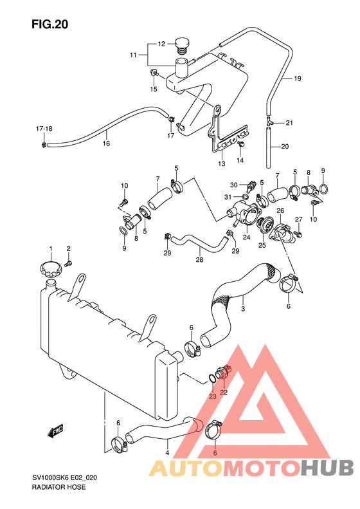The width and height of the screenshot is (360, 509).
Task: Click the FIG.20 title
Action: coord(50,24)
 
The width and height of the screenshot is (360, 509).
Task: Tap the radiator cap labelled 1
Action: coord(51,268)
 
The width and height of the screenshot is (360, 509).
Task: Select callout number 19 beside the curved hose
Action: coord(298,79)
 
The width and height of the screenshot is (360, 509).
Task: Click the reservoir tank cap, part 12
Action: coord(182,45)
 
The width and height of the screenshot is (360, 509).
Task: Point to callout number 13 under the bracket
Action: coord(221,163)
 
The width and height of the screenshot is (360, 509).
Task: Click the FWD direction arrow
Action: coord(55,430)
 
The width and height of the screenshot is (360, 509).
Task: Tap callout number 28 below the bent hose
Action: coord(199,259)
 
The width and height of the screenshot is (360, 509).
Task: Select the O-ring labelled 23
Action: coord(212,378)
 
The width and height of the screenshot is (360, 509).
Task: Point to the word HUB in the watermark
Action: coord(327,468)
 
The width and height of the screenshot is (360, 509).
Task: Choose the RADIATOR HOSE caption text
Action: coord(59,487)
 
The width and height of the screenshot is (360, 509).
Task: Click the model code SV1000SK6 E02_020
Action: coord(64,478)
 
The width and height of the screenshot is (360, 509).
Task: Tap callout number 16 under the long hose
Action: coord(106,143)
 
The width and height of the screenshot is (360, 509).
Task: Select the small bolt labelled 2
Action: coord(68,263)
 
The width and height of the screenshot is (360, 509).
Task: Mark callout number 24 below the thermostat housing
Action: coord(246,237)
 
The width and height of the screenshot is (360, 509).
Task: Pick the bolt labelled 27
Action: coord(298,233)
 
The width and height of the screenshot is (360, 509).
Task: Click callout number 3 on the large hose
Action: coord(243,309)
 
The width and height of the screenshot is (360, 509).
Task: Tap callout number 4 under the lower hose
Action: coord(167,452)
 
